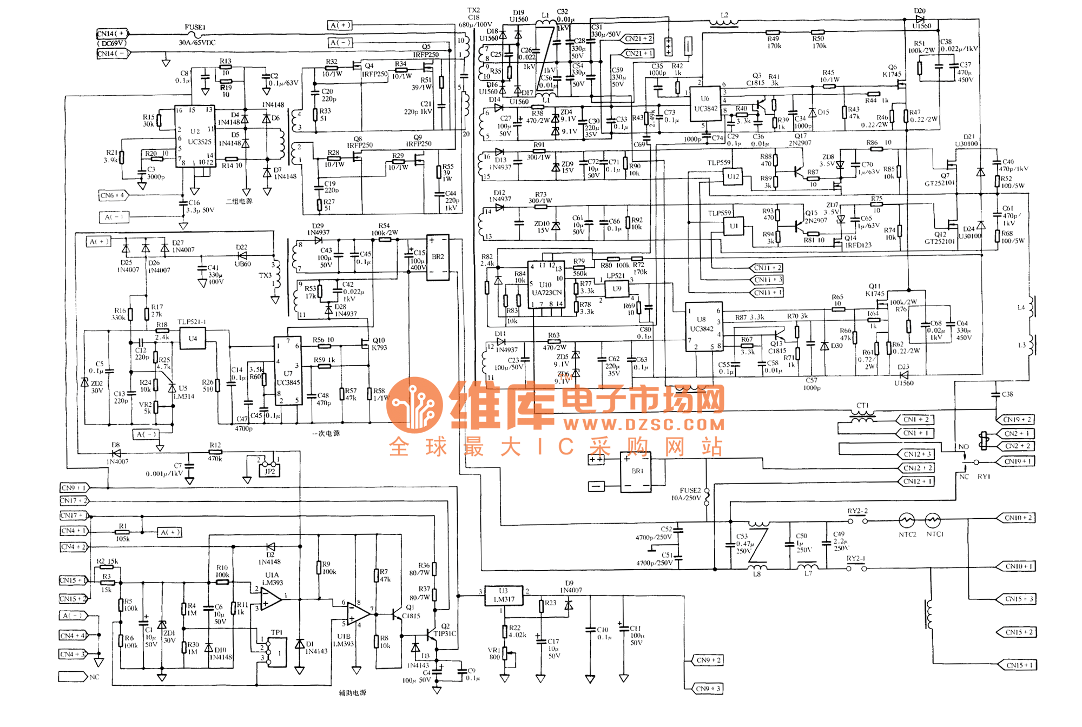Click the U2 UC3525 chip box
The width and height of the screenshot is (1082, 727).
(x=195, y=135)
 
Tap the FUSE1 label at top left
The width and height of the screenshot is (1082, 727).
(x=195, y=27)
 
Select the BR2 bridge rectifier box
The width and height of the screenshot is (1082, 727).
(x=438, y=257)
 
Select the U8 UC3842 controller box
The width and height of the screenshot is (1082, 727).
(x=703, y=326)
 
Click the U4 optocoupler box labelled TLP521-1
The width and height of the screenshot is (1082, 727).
(x=193, y=339)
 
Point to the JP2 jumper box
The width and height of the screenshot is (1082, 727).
(x=269, y=471)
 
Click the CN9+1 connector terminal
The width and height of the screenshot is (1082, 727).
(x=73, y=488)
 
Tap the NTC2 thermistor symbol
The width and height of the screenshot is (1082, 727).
(x=907, y=520)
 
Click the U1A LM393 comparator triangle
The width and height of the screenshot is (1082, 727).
(x=270, y=598)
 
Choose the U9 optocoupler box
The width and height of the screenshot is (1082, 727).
(x=617, y=289)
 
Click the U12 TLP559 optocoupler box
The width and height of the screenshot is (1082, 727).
(x=733, y=176)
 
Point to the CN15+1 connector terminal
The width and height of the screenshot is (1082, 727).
(x=1017, y=665)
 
